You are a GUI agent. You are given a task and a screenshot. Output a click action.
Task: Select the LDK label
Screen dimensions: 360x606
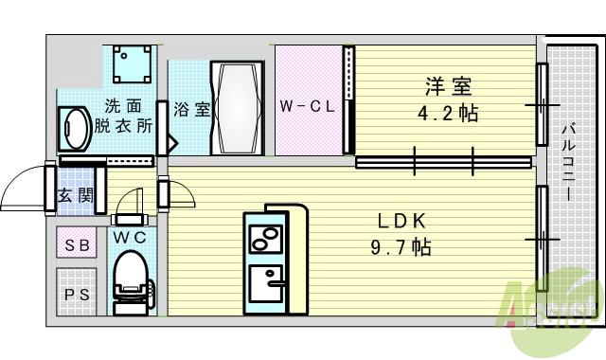(404, 221)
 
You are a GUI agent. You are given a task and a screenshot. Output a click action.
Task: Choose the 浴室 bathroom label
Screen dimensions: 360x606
(192, 108)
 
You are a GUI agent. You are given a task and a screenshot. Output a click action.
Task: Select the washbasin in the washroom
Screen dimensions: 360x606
(75, 127)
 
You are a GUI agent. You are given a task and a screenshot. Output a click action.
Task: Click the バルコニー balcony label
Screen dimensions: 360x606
(568, 161)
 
